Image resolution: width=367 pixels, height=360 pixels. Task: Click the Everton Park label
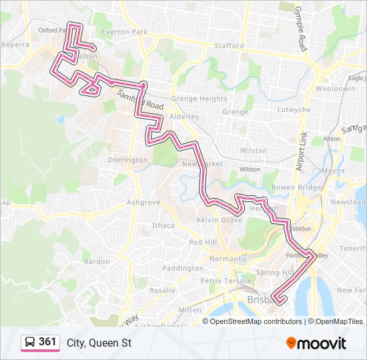pos(129,32)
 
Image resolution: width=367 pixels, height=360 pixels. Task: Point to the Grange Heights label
pos(199,99)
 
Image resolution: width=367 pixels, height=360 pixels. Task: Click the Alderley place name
pos(185,117)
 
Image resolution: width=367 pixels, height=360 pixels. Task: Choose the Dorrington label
pos(127,160)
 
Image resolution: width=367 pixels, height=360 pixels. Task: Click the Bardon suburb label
pos(97,261)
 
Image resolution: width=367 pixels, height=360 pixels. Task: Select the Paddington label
pos(182,268)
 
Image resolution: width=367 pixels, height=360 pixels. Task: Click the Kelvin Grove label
pos(220,220)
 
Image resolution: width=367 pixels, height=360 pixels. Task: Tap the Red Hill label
pos(203,242)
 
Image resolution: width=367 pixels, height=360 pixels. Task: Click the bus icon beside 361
pos(30,343)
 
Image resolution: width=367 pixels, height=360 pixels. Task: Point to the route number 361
pos(47,342)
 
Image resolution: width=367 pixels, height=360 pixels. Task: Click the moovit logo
pos(316,343)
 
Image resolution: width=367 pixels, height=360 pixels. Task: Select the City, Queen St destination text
pos(99,343)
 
